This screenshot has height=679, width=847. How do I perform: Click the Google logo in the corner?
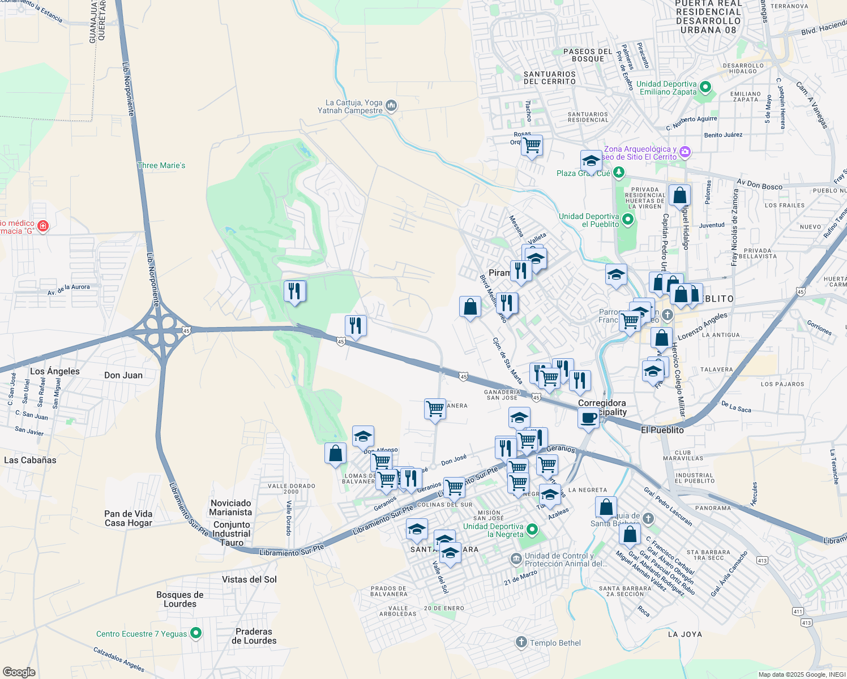(x=19, y=672)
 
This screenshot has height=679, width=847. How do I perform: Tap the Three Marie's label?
(x=161, y=166)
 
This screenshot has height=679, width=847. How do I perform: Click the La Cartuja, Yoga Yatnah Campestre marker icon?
(x=391, y=106)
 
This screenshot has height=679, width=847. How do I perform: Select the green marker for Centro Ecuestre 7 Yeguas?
(x=196, y=633)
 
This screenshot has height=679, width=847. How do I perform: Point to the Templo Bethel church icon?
(x=521, y=642)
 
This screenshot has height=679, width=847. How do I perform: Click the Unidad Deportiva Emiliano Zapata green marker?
(x=705, y=88)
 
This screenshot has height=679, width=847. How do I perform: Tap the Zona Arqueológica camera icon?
(x=685, y=152)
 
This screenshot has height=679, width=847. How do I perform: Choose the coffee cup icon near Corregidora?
(x=588, y=418)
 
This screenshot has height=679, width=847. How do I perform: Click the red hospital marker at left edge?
(x=43, y=226)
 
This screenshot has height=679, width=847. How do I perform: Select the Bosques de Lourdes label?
(x=180, y=599)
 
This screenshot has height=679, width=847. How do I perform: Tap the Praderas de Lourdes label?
(x=254, y=636)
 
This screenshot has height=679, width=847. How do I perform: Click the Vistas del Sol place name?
(x=250, y=579)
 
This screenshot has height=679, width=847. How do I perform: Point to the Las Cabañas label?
(x=30, y=460)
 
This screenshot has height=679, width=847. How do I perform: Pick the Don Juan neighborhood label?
(x=123, y=375)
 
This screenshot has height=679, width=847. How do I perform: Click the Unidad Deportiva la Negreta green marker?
(x=532, y=530)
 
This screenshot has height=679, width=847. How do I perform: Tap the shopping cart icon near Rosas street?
(x=532, y=145)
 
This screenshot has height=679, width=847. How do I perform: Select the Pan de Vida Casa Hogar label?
(x=129, y=518)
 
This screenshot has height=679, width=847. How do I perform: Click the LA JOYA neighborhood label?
(x=685, y=634)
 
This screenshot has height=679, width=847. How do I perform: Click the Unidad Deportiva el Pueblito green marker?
(x=628, y=220)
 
